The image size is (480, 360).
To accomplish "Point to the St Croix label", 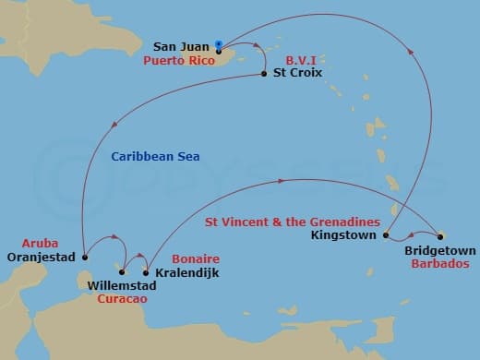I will (298, 74).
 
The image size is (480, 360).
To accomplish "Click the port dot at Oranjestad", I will (84, 257).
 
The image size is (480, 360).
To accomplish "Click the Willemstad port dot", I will (123, 272).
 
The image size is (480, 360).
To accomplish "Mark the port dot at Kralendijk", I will (146, 272).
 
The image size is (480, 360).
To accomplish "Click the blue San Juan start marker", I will (217, 43).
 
